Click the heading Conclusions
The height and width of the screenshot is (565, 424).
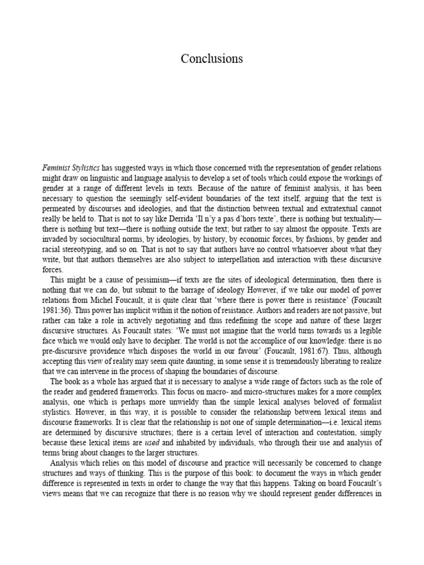pyautogui.click(x=212, y=58)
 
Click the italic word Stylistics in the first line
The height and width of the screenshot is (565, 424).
pyautogui.click(x=84, y=168)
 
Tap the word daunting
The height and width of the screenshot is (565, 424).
pyautogui.click(x=210, y=361)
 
